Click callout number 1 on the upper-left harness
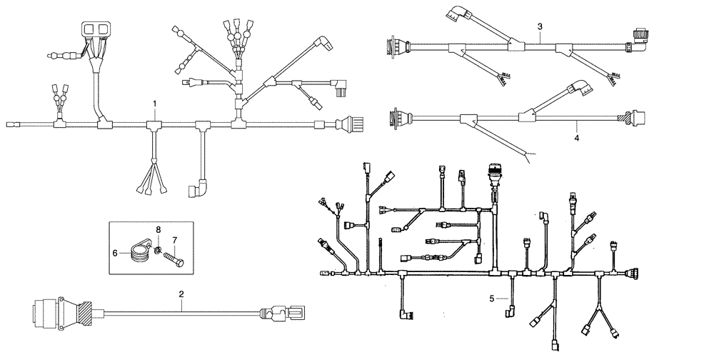coord(155,104)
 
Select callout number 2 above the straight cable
coord(182,294)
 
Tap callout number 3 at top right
coord(540,26)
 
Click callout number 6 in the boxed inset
coord(116,253)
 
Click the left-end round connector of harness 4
coord(394,116)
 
